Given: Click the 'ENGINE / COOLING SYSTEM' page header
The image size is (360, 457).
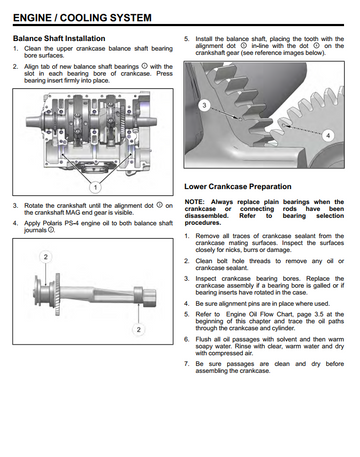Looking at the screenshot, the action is pyautogui.click(x=82, y=17).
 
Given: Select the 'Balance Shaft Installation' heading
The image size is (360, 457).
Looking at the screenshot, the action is pyautogui.click(x=59, y=38).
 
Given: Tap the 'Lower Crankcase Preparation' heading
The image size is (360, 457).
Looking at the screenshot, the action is pyautogui.click(x=238, y=186).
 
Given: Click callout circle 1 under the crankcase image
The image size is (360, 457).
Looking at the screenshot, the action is pyautogui.click(x=95, y=187).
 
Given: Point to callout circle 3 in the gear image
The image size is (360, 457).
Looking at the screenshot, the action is pyautogui.click(x=204, y=106).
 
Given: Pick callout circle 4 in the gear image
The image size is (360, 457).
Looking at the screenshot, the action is pyautogui.click(x=328, y=135).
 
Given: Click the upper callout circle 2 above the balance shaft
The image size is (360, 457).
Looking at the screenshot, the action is pyautogui.click(x=46, y=257).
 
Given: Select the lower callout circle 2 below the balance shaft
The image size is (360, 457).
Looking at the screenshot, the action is pyautogui.click(x=138, y=330).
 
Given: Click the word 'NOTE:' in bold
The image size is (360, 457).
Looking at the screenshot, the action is pyautogui.click(x=194, y=202).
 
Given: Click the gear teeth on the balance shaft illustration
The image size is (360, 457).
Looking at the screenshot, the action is pyautogui.click(x=57, y=293).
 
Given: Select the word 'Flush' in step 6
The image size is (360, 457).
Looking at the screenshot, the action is pyautogui.click(x=203, y=339).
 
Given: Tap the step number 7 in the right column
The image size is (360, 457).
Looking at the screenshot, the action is pyautogui.click(x=187, y=364).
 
